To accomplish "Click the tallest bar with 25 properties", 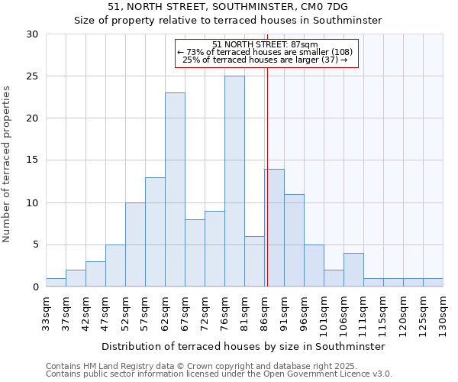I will tap(234, 181).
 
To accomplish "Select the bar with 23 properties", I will tap(175, 189).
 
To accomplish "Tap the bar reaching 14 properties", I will tap(274, 228).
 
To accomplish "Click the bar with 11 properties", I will tap(294, 240).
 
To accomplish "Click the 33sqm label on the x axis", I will tap(46, 312).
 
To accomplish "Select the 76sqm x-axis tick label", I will tap(224, 312).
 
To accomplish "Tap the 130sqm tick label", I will tap(443, 314).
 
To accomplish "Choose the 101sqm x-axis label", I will tap(324, 314).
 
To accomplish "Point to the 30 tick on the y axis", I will tap(32, 34).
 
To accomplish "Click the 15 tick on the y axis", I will tap(32, 160).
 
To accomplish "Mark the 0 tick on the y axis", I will tap(35, 286).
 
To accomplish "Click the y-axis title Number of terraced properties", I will tap(8, 164).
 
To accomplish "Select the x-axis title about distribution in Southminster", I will tap(243, 346).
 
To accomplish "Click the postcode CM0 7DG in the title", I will tap(329, 6).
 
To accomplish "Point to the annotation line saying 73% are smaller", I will tap(265, 52).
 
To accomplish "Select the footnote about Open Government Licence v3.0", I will tap(219, 374).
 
